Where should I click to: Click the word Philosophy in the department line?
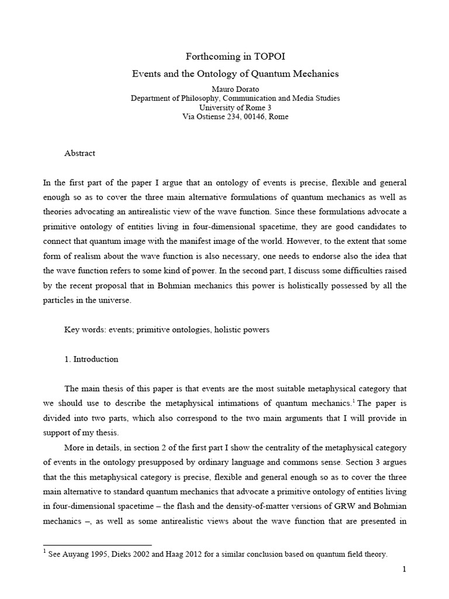[x=199, y=98]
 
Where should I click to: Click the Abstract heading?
[x=80, y=153]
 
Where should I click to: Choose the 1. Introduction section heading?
[x=91, y=359]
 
